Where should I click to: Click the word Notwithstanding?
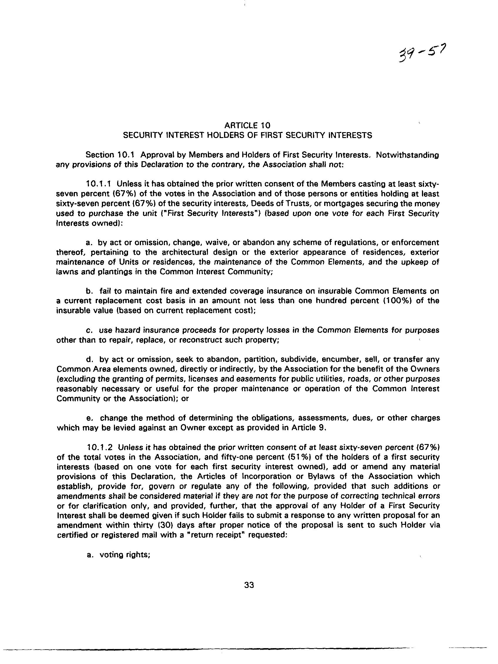coord(407,155)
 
